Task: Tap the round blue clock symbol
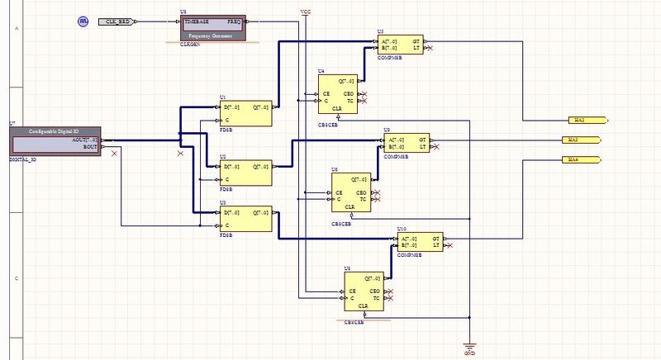[83, 20]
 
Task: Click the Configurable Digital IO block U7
[55, 140]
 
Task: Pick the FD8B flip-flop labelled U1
[245, 113]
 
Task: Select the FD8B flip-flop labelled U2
[245, 172]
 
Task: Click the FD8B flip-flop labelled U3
[245, 219]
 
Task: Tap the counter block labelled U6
[350, 192]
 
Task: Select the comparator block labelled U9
[407, 142]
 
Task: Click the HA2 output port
[587, 120]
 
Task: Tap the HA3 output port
[583, 140]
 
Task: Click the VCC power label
[306, 12]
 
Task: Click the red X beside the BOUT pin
[114, 154]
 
